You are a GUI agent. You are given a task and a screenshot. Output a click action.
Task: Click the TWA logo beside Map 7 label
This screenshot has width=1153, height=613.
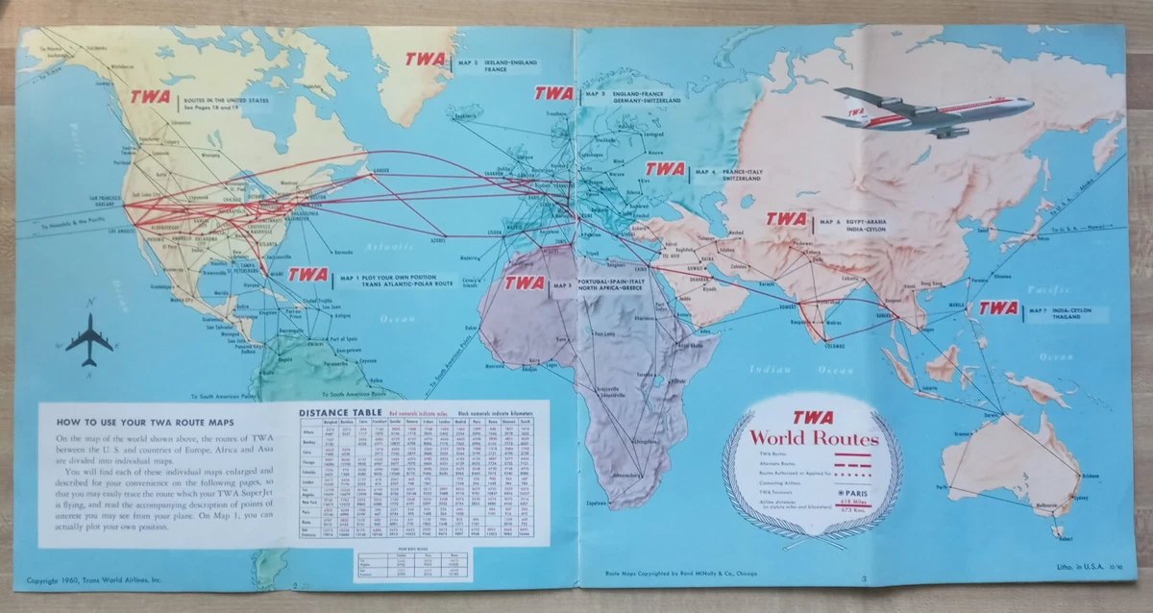(998, 308)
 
